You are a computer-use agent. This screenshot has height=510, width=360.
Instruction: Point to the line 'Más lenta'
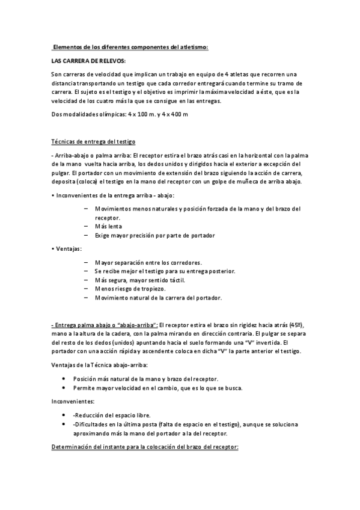(108, 226)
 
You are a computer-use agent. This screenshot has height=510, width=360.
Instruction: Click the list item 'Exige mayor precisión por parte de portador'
(154, 235)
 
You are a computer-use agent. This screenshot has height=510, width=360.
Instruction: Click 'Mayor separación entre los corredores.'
(148, 262)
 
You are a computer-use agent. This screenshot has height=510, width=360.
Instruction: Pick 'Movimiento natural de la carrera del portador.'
(158, 298)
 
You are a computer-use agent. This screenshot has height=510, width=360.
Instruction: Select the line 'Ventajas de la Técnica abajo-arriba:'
(101, 365)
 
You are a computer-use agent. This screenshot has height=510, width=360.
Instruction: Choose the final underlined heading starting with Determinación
(145, 448)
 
